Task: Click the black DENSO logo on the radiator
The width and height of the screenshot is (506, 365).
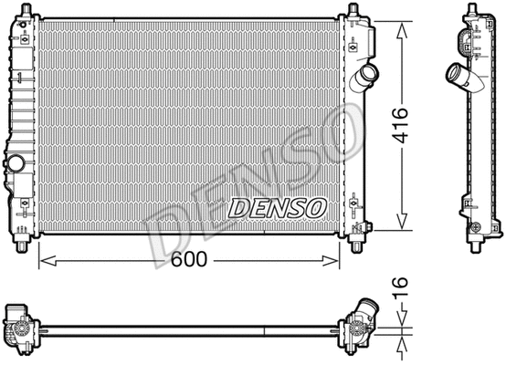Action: click(277, 209)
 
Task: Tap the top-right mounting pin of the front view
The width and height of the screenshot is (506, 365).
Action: click(353, 11)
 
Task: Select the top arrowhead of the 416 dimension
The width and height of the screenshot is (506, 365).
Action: click(399, 24)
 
